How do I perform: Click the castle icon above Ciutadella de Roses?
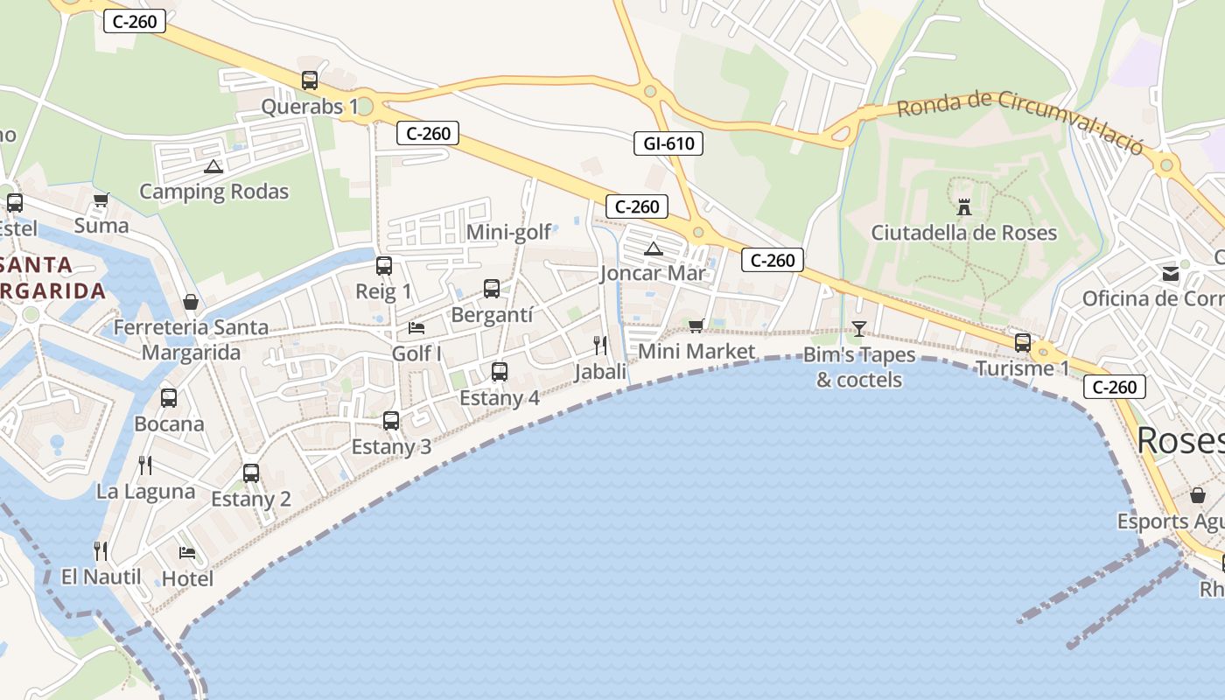coord(964,207)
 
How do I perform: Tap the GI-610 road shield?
coord(668,143)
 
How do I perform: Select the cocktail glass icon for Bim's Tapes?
coord(858,329)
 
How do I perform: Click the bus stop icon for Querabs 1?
coord(310,80)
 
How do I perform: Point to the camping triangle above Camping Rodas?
coord(213,166)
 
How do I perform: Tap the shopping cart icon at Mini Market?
coord(696,325)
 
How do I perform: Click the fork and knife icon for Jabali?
coord(600,345)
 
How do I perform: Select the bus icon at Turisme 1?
coord(1022,342)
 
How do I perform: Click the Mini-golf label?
coord(508,232)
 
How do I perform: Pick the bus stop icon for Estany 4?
coord(500,372)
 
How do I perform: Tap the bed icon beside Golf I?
coord(416,328)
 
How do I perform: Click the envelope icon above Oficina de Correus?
coord(1171,274)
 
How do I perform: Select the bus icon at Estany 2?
coord(251,473)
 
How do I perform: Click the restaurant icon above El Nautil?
coord(101,550)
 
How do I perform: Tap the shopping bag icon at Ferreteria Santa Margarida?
coord(191,302)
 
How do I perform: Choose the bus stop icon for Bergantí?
coord(492,288)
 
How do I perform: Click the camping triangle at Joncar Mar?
coord(653,249)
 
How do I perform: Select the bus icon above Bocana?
coord(169,398)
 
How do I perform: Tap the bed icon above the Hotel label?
coord(187,552)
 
